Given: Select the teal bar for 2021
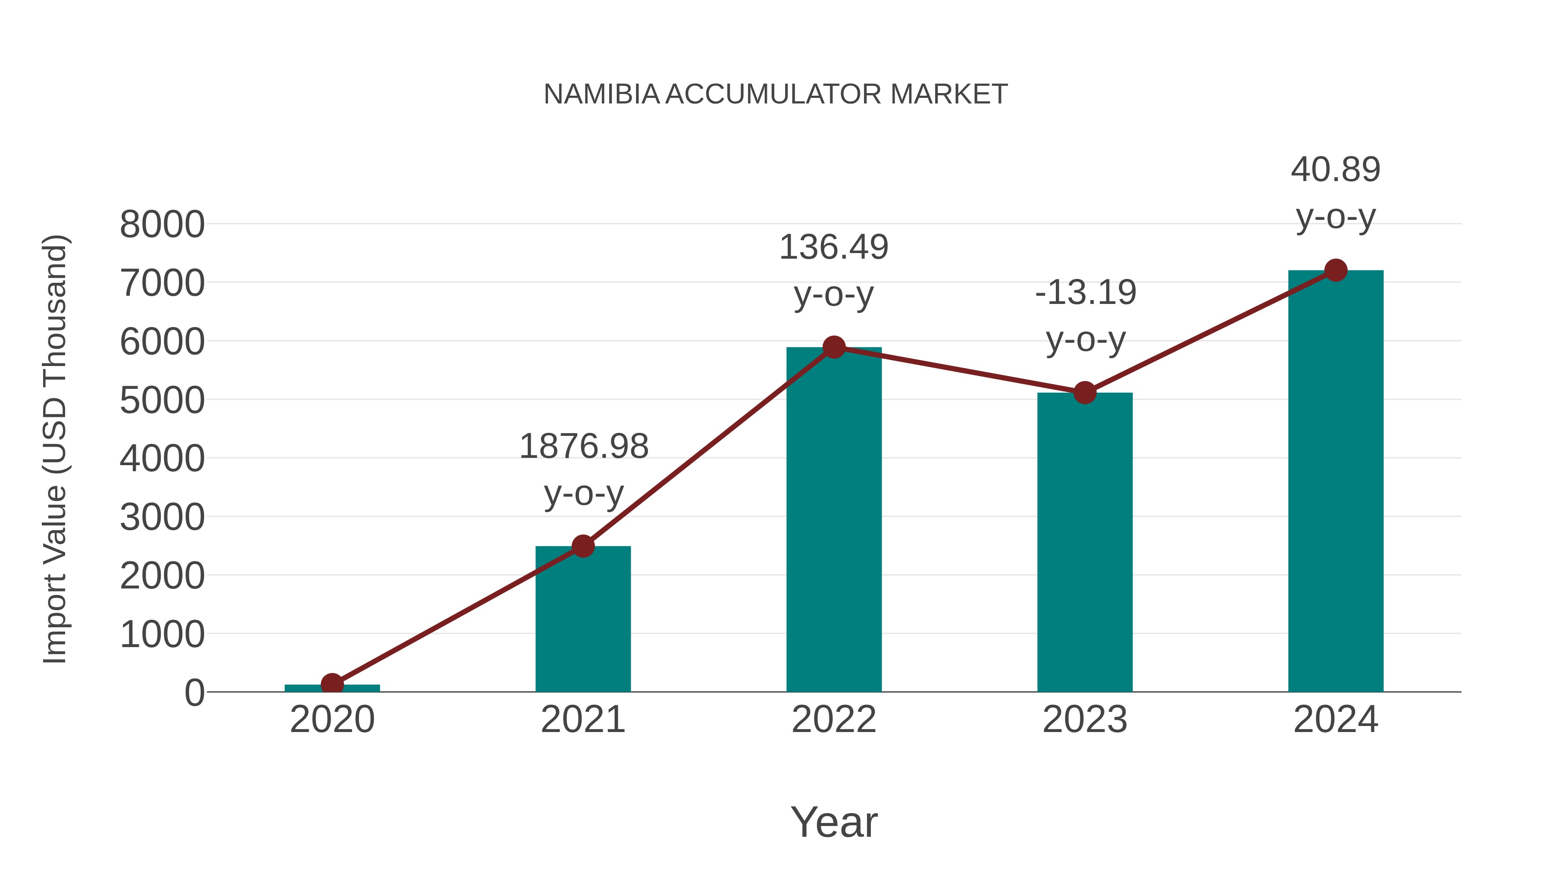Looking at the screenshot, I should click(582, 620).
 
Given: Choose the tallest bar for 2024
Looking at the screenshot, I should click(1335, 482).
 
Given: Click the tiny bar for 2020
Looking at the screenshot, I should click(362, 688).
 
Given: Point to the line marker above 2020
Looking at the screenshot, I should click(332, 684).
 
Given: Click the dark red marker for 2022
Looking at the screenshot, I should click(833, 347).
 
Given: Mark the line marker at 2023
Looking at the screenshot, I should click(1085, 393).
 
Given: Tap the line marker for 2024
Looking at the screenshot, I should click(1336, 270).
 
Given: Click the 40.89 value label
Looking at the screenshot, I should click(1335, 170).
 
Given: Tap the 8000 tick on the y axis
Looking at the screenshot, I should click(162, 225).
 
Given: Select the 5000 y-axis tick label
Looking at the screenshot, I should click(162, 401).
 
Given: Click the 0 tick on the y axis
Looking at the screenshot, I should click(194, 693).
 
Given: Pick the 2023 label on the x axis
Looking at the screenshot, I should click(1085, 720).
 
